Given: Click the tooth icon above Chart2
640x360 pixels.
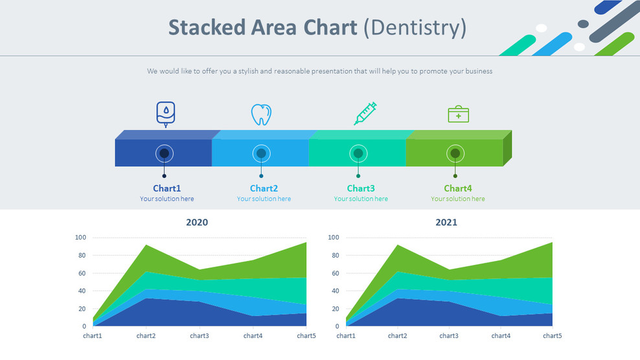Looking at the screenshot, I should pos(261,115).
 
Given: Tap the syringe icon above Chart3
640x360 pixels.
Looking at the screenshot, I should pos(365,113).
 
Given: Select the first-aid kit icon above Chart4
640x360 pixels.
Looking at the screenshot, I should pos(458,114).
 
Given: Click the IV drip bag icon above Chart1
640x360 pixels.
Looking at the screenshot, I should pos(166,113).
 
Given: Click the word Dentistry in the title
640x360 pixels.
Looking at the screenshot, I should pos(415,28).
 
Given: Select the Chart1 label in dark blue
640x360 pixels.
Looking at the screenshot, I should pos(166,188).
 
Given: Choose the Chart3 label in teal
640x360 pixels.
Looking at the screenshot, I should pos(361,188).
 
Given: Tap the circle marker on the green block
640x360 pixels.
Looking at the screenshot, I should pos(455,153).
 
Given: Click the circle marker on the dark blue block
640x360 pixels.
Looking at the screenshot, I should pos(165,153).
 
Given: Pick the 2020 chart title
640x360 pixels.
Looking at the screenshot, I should pos(197,223).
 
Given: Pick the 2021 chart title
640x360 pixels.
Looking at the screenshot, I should pos(446,223).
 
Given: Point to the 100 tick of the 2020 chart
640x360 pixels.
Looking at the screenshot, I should pos(80,238).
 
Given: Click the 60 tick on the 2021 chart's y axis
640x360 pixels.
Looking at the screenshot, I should pos(333,273).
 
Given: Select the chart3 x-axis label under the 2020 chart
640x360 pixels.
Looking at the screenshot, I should pos(200,336).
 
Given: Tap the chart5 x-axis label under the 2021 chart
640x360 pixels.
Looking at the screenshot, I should pos(552,336).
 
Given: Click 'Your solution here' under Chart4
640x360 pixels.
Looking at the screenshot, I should pos(458,199).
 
